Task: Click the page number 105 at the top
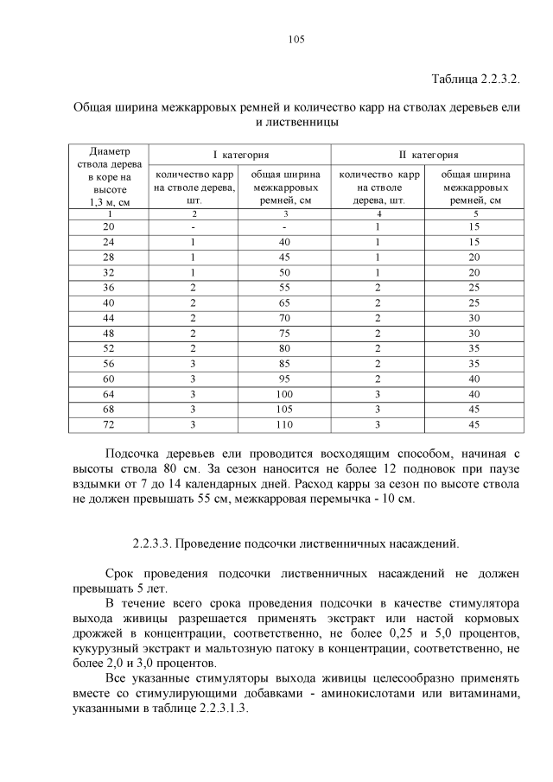tap(294, 40)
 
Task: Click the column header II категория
tap(429, 156)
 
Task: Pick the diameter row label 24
tap(108, 242)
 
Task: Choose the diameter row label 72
tap(108, 425)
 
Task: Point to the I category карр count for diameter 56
tap(194, 364)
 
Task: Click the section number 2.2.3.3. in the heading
tap(155, 544)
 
